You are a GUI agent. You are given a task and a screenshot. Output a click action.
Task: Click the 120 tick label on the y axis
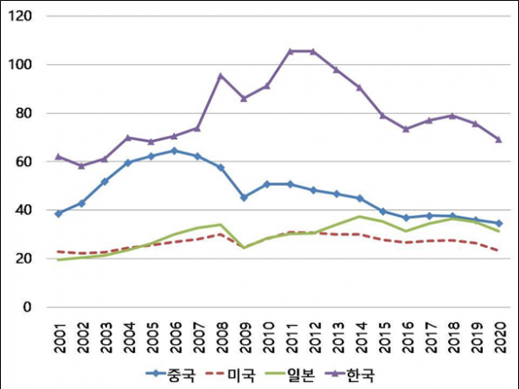[x=20, y=16]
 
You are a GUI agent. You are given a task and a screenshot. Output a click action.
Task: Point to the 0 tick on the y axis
[x=27, y=307]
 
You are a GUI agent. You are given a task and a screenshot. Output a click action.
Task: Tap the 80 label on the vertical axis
[x=24, y=113]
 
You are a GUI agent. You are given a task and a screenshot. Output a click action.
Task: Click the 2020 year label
[x=500, y=338]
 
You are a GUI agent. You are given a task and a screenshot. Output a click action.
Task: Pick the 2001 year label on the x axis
[x=60, y=338]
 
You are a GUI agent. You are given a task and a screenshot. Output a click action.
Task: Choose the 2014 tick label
[x=361, y=338]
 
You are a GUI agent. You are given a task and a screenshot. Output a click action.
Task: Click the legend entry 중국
[x=171, y=374]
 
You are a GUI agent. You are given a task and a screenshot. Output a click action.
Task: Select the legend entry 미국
[x=231, y=374]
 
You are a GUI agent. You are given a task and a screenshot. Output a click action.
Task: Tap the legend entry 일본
[x=291, y=374]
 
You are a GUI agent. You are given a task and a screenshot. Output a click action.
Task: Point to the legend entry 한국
[x=350, y=374]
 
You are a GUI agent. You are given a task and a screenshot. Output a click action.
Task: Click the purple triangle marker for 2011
[x=291, y=51]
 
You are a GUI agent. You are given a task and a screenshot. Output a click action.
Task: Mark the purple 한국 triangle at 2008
[x=221, y=76]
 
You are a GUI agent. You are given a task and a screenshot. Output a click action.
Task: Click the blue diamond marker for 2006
[x=175, y=150]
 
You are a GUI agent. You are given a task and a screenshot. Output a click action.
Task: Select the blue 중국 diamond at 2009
[x=244, y=197]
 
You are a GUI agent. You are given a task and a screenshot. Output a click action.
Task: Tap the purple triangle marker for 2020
[x=499, y=139]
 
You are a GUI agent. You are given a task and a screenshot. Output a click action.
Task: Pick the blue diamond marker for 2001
[x=59, y=214]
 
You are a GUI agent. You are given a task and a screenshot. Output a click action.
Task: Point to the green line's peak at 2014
[x=360, y=217]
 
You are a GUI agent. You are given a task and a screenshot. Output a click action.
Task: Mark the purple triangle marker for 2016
[x=407, y=129]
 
